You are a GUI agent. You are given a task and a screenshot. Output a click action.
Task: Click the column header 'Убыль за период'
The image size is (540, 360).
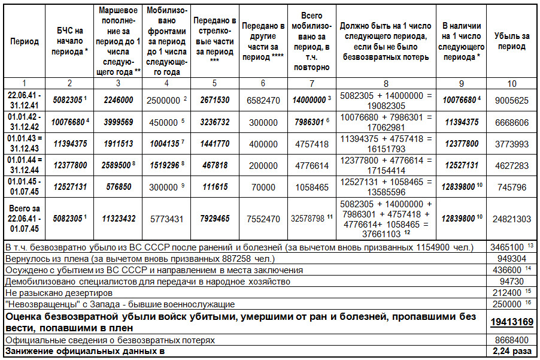(x=512, y=41)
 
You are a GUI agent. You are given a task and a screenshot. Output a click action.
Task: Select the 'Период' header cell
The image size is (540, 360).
(x=25, y=41)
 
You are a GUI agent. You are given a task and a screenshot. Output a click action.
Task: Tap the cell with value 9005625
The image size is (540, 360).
(x=512, y=100)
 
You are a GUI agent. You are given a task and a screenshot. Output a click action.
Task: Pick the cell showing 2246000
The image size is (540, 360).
(x=117, y=100)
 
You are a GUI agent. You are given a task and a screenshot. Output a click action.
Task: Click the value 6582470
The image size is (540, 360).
(x=263, y=100)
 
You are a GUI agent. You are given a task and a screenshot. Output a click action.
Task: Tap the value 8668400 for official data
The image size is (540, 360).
(x=512, y=340)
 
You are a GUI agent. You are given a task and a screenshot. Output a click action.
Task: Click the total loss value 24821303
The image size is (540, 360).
(x=512, y=219)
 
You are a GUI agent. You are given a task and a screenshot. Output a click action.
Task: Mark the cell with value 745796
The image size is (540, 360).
(x=512, y=187)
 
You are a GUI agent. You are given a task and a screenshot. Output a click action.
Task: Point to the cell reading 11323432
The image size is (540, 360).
(x=117, y=219)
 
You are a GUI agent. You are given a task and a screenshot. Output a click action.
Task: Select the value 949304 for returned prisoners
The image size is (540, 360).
(x=512, y=258)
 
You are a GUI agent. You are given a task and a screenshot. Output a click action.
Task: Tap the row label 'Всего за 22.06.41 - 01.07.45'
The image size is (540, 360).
(x=25, y=219)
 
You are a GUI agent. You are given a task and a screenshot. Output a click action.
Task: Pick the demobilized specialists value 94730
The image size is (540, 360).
(x=512, y=282)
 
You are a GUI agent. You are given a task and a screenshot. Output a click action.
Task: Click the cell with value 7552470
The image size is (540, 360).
(x=263, y=219)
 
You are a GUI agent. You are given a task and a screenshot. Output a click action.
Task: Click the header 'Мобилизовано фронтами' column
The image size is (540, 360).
(x=167, y=41)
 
